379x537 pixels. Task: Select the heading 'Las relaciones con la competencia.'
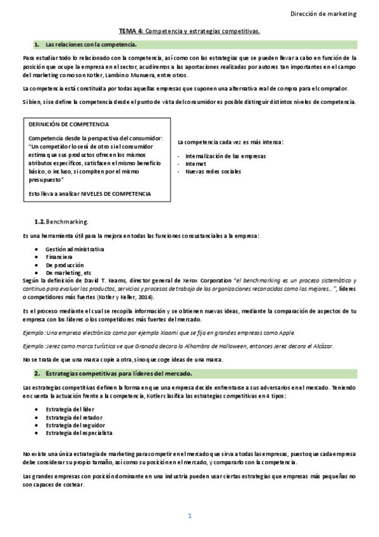click(91, 44)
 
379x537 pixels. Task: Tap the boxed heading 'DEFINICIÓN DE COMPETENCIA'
click(68, 125)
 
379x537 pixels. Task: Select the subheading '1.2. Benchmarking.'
click(61, 222)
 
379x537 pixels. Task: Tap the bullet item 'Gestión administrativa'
click(74, 249)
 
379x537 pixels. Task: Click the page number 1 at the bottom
click(189, 515)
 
